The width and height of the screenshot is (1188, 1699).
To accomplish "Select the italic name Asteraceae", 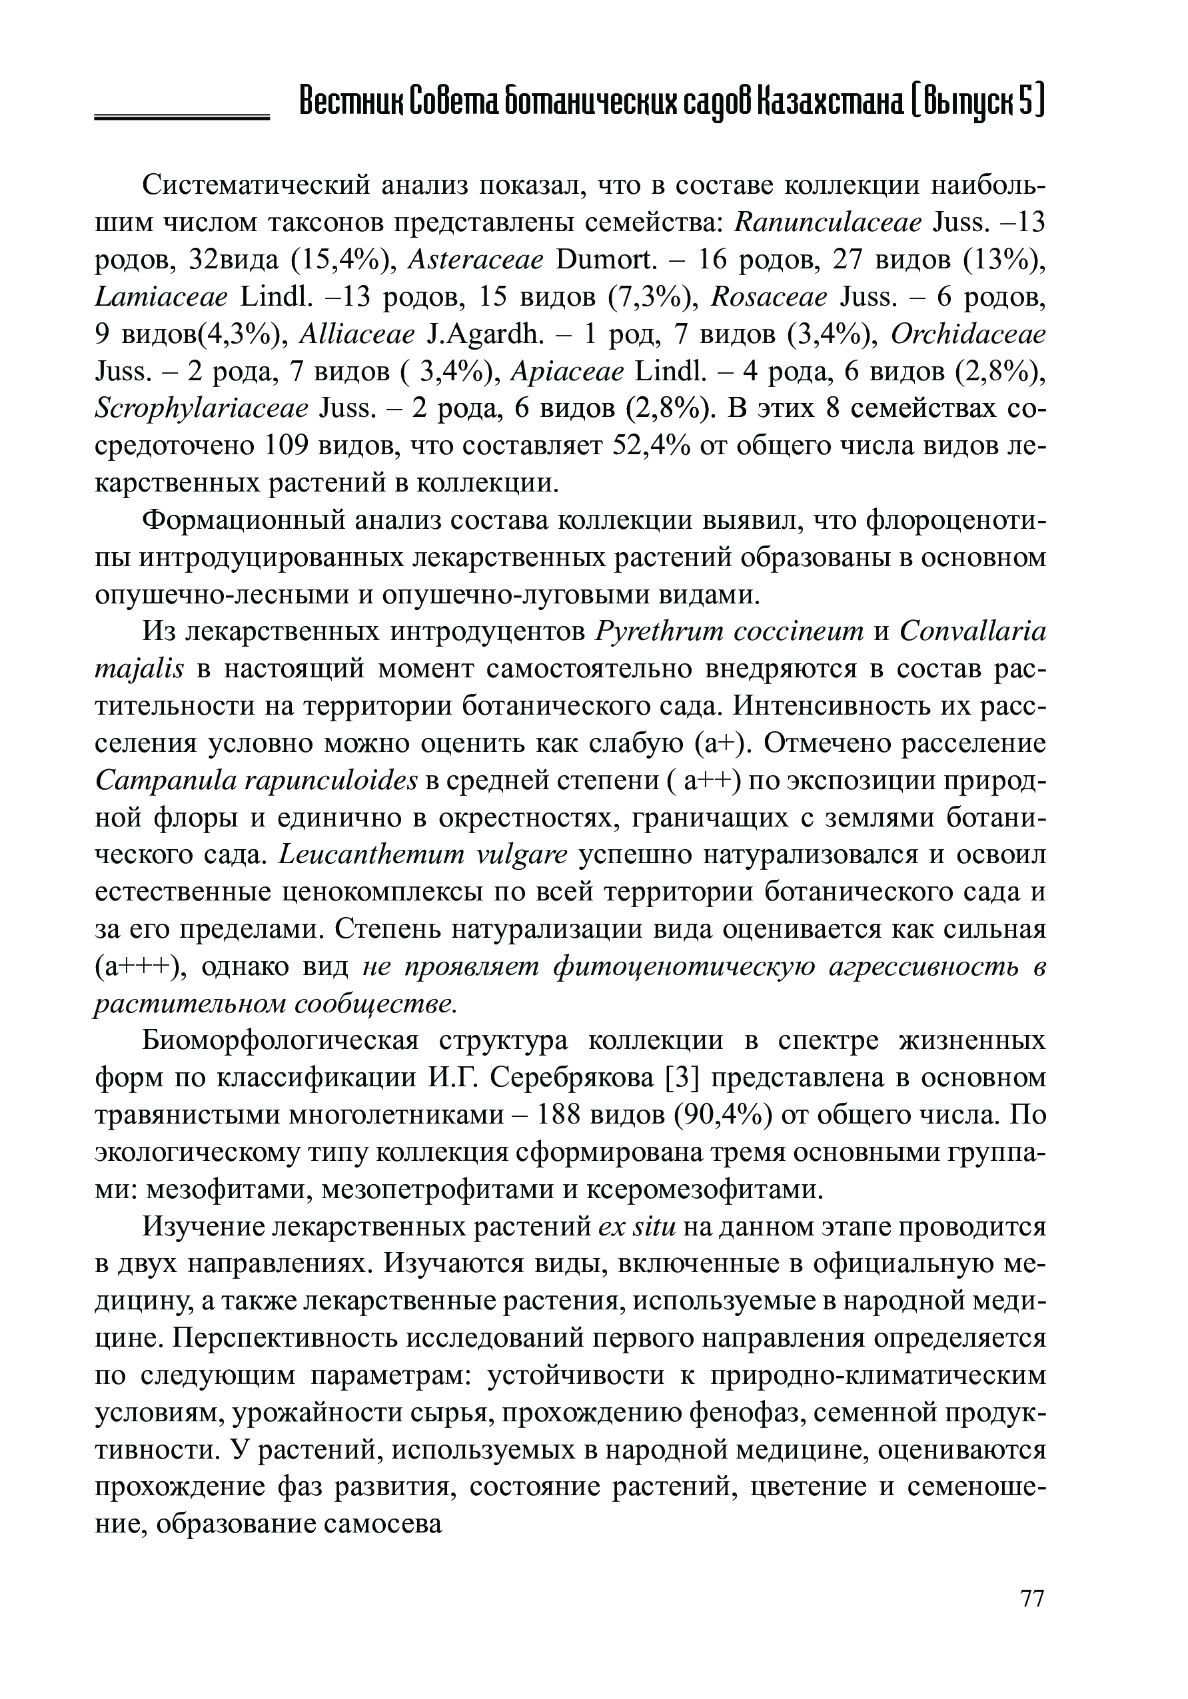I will (476, 260).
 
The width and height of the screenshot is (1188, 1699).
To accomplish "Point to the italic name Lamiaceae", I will (162, 298).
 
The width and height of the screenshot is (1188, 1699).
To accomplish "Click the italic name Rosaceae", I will (768, 298).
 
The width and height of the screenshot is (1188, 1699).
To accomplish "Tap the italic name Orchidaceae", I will (968, 335).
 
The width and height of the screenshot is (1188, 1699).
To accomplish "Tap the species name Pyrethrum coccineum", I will (729, 633).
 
